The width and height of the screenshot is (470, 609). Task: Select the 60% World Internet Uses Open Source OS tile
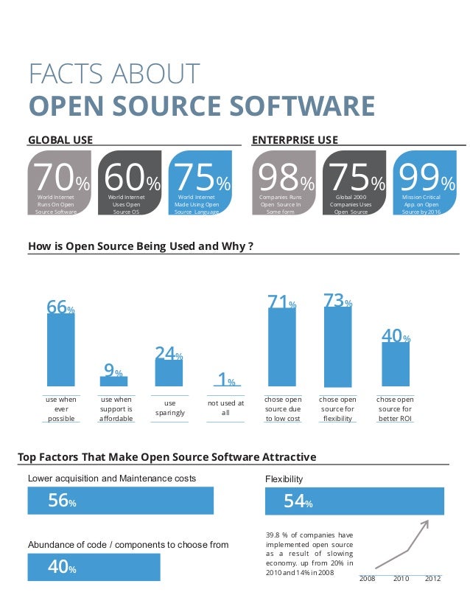tap(129, 183)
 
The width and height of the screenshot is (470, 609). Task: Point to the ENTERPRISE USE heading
tap(295, 139)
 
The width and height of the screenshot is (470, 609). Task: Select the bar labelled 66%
tap(60, 350)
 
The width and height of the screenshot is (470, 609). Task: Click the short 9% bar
tap(113, 381)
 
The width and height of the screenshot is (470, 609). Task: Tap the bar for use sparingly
tap(169, 373)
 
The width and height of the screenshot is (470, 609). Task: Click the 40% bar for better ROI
tap(396, 364)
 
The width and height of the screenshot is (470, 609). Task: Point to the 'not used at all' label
tap(225, 408)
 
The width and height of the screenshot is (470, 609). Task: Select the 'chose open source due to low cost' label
tap(283, 409)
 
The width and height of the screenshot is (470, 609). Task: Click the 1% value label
tap(226, 380)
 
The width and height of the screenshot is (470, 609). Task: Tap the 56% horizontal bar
tap(120, 501)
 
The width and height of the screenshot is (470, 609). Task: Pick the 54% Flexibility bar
tap(354, 501)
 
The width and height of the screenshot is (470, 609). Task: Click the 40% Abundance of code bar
tap(94, 568)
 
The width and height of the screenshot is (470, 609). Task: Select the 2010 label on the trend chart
tap(401, 579)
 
